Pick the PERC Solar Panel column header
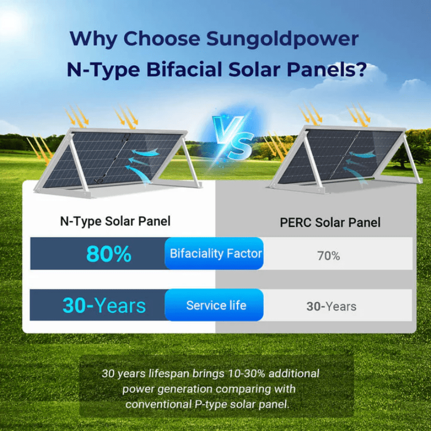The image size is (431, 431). (330, 222)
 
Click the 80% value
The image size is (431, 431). (108, 254)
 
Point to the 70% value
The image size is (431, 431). (328, 256)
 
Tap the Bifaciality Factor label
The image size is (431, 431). (215, 253)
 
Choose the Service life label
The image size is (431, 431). (215, 305)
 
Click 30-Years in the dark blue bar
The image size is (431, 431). (104, 305)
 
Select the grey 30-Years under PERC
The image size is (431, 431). (331, 307)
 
